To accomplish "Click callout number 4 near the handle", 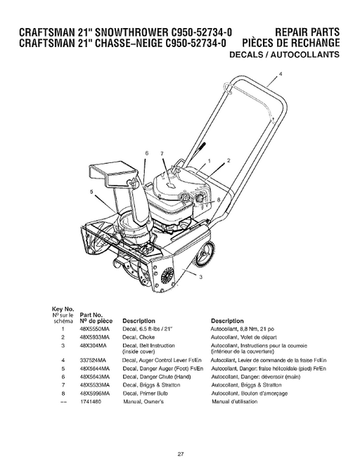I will click(281, 73).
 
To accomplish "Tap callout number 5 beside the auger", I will click(91, 191).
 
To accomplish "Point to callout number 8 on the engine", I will click(218, 200).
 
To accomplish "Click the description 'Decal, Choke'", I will click(139, 337).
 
